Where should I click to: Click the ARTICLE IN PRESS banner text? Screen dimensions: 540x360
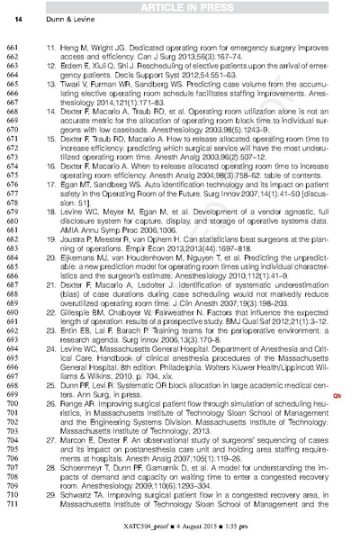180,6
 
